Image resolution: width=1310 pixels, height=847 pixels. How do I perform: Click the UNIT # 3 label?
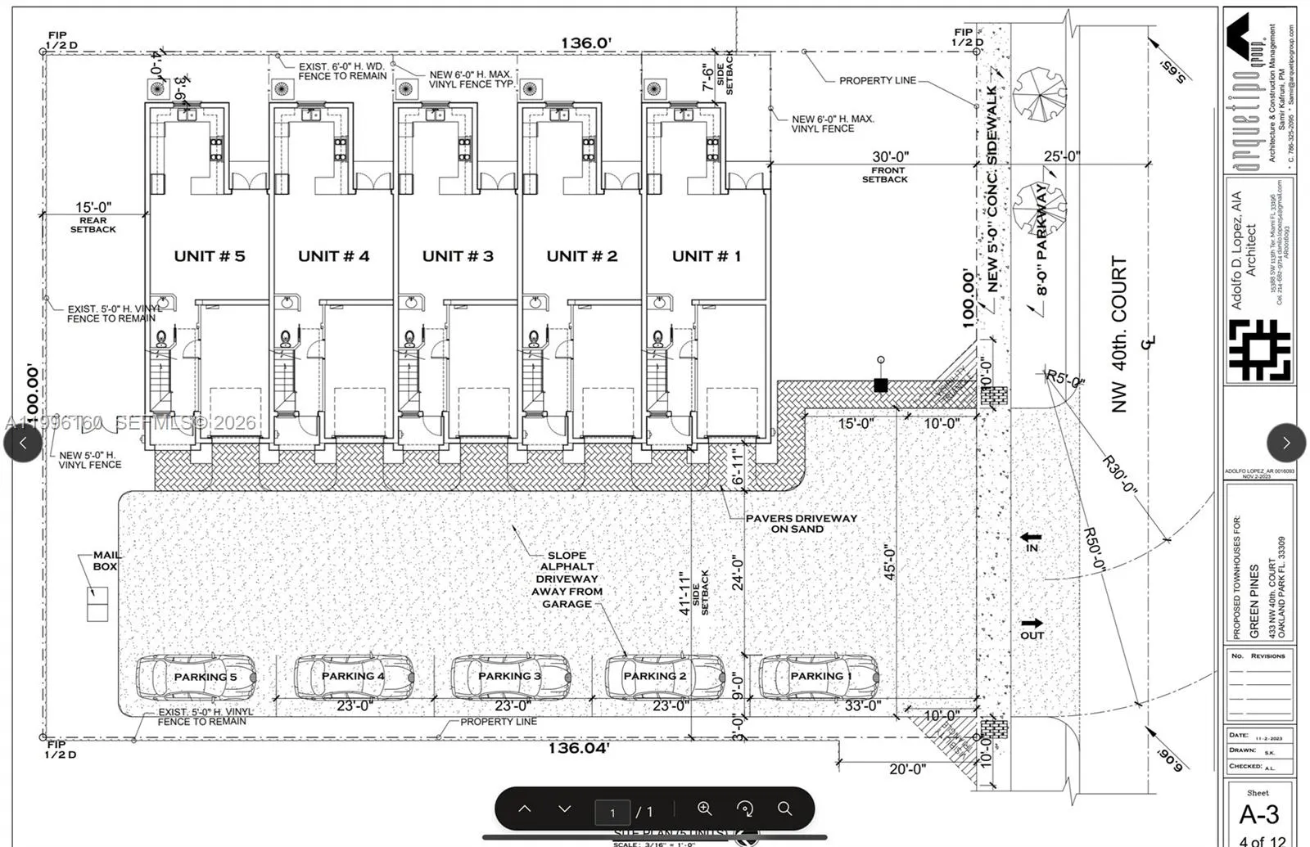(x=458, y=256)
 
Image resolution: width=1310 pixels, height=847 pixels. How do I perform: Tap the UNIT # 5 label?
(x=209, y=256)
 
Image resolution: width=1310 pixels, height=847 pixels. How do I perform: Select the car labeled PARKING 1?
(x=818, y=676)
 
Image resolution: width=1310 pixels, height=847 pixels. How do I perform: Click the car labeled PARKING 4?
(x=353, y=676)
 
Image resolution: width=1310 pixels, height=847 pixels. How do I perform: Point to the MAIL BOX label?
(x=106, y=561)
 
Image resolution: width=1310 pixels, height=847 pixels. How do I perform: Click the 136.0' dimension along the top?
(x=585, y=43)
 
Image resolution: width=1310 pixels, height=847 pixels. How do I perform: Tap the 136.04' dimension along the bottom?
(x=578, y=748)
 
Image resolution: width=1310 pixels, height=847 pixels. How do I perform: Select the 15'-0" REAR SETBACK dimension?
(x=93, y=208)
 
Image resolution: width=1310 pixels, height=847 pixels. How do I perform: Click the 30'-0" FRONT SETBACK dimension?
(x=890, y=157)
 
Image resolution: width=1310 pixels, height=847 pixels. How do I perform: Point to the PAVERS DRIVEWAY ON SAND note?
(x=800, y=524)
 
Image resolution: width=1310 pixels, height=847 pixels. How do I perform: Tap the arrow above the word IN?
(x=1031, y=538)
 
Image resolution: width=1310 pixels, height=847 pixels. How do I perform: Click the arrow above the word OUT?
(x=1032, y=623)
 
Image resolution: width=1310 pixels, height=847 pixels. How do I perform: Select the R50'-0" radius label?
(x=1095, y=549)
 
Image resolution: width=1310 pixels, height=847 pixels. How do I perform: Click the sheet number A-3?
(x=1258, y=814)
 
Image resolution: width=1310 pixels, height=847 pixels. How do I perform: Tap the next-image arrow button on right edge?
(x=1285, y=443)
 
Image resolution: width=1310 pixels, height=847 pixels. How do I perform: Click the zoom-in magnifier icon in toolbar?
(x=704, y=809)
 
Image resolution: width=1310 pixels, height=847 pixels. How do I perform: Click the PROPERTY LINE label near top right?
(x=876, y=80)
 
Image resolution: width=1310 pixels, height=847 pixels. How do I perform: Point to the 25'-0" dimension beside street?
(x=1061, y=156)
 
